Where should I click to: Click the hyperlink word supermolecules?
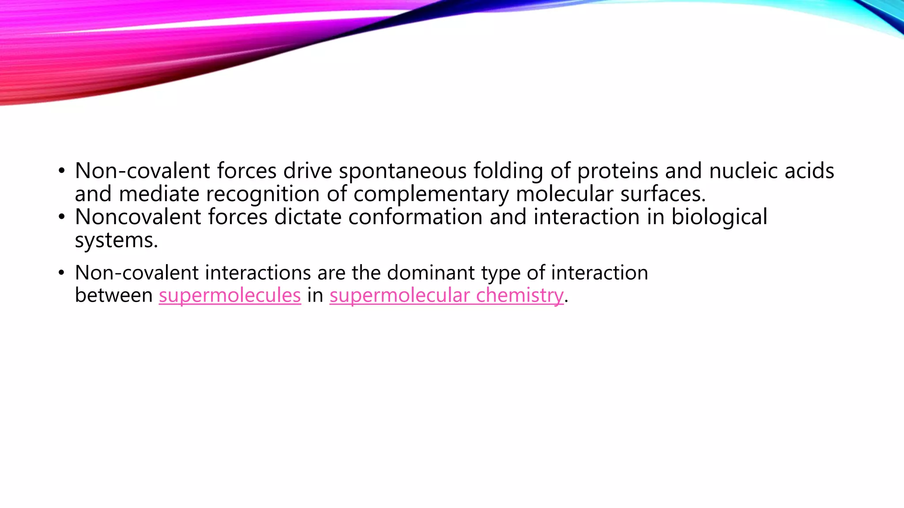pos(230,295)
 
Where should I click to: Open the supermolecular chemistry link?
pos(446,295)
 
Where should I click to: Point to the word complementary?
pos(431,194)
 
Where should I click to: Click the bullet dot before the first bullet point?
pos(61,171)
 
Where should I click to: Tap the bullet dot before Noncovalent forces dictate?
pos(61,217)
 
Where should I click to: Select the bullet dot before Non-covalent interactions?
pos(61,273)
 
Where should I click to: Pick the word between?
pos(114,295)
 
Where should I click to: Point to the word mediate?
pos(159,194)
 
